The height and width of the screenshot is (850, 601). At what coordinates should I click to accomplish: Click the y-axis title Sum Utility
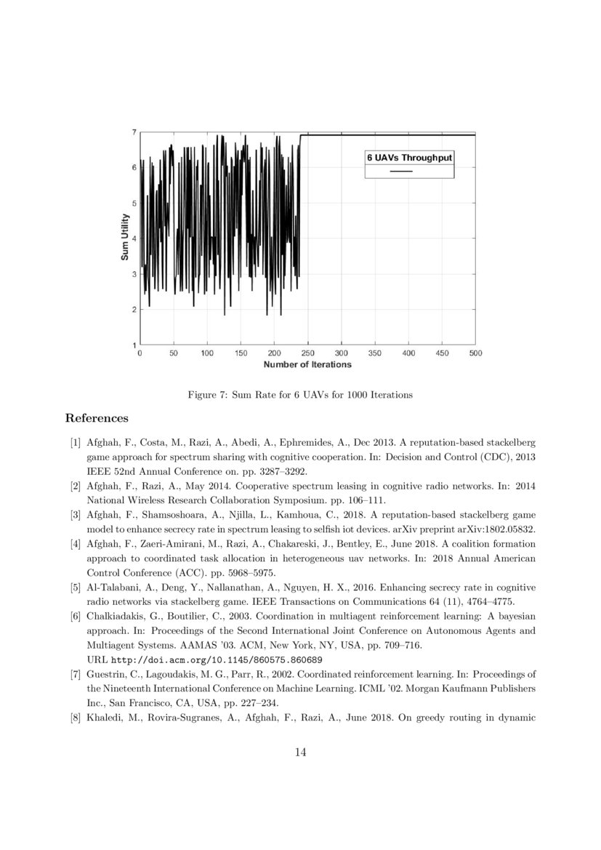125,238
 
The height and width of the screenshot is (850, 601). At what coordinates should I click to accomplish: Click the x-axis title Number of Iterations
307,364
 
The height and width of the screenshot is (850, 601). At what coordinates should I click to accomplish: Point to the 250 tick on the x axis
308,353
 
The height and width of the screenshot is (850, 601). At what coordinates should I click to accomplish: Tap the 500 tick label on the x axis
476,353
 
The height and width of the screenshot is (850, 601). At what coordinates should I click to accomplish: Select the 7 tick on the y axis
134,132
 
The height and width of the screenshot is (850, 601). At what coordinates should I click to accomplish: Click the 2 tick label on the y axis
134,310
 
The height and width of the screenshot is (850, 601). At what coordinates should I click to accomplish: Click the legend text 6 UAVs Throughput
409,157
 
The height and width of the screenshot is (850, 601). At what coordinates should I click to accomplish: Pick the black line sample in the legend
401,172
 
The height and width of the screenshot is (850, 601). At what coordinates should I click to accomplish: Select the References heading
97,418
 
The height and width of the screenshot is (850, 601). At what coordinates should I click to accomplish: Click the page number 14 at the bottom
300,753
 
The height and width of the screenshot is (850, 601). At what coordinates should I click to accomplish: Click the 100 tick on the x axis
207,353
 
